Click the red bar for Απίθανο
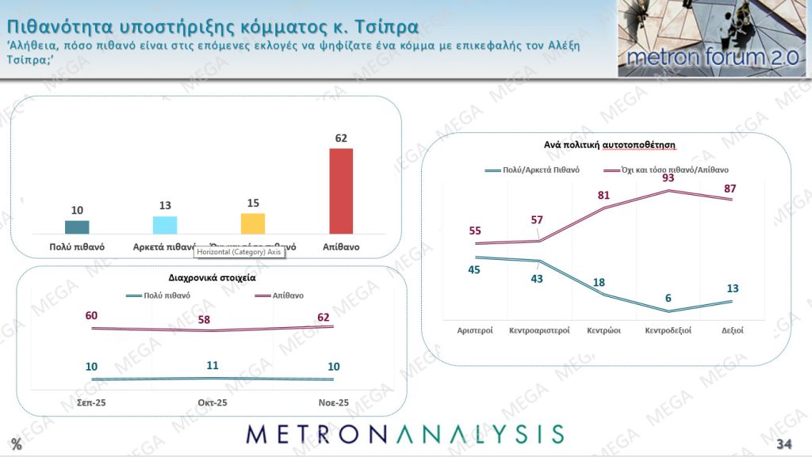pos(341,191)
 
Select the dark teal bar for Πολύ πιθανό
pos(77,227)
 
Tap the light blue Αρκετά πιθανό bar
pos(165,225)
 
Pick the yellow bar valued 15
pos(253,223)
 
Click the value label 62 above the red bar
pos(342,138)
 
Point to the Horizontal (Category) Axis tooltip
pos(239,251)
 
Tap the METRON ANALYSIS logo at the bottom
pos(404,434)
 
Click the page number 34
pos(784,443)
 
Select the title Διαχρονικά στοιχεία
pos(212,278)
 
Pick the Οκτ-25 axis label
pos(212,403)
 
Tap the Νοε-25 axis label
pos(333,403)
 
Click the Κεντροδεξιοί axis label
pos(668,330)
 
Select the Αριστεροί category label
pos(476,330)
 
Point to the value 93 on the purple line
pos(668,178)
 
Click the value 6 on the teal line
pos(668,298)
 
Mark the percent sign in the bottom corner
pos(16,444)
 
